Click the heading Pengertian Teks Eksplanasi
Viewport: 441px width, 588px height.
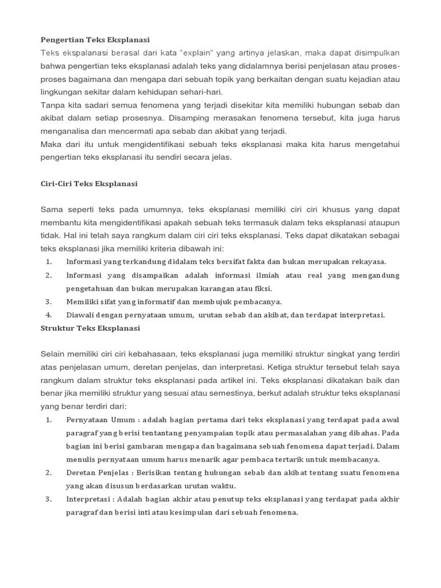[95, 40]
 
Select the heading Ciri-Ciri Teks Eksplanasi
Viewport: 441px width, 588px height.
[89, 184]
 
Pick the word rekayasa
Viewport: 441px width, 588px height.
[366, 261]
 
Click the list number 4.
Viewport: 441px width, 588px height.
[49, 315]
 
